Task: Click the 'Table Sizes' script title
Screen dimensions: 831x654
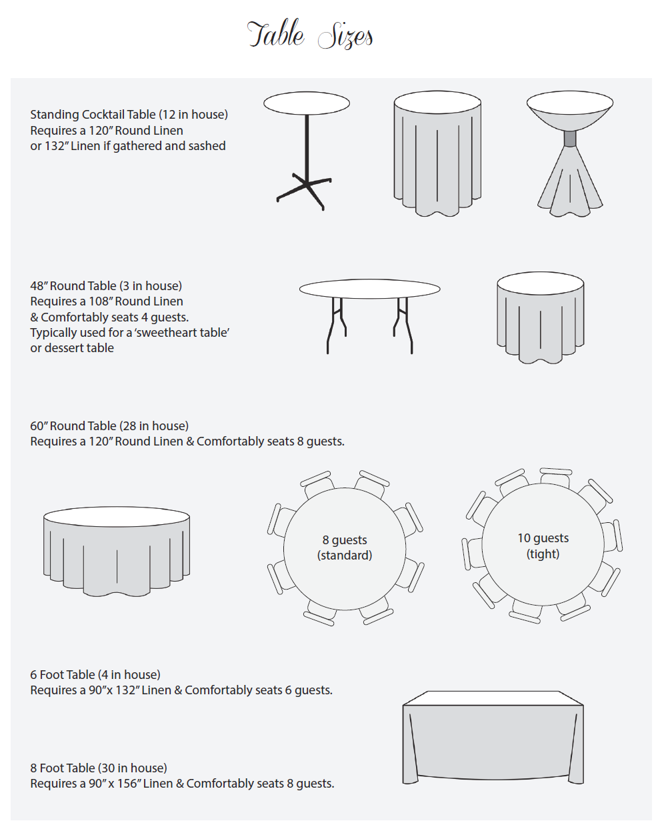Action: pyautogui.click(x=310, y=35)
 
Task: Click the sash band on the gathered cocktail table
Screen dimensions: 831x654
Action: pyautogui.click(x=570, y=139)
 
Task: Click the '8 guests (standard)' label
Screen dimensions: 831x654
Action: pyautogui.click(x=345, y=548)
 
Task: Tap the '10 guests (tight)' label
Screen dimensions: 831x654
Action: pyautogui.click(x=543, y=546)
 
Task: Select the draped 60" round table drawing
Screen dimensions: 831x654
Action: pyautogui.click(x=117, y=550)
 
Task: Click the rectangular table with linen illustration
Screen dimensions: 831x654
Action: pyautogui.click(x=493, y=737)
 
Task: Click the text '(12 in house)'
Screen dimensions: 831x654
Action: pyautogui.click(x=193, y=115)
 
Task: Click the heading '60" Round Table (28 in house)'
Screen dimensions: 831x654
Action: pyautogui.click(x=109, y=426)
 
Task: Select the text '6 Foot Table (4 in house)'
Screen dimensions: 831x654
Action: pyautogui.click(x=95, y=675)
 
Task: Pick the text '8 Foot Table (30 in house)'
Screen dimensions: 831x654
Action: pyautogui.click(x=99, y=768)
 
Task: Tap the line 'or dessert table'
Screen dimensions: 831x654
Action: pyautogui.click(x=72, y=348)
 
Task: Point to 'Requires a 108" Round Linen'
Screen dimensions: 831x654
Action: pyautogui.click(x=107, y=301)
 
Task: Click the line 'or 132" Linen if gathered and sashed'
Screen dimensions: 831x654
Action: pyautogui.click(x=128, y=146)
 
